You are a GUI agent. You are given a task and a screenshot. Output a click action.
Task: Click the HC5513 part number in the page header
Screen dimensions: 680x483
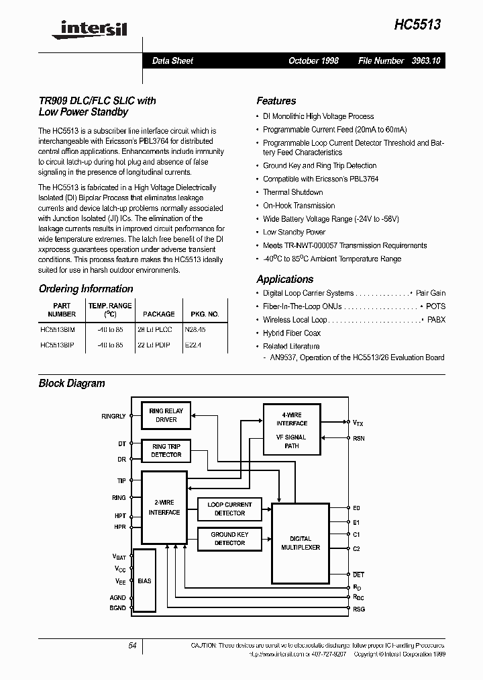[x=417, y=24]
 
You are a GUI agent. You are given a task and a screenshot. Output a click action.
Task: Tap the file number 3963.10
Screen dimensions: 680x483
[x=427, y=60]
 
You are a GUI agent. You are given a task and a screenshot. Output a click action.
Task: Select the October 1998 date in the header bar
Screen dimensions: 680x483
[x=313, y=60]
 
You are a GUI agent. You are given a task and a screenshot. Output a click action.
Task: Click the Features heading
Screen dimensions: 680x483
[x=276, y=101]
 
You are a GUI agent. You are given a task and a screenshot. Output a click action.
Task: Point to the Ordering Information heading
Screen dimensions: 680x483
[x=86, y=289]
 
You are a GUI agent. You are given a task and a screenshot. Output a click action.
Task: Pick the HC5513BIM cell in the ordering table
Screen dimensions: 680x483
[x=58, y=330]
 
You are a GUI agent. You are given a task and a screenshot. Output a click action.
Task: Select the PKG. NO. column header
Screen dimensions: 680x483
[x=205, y=314]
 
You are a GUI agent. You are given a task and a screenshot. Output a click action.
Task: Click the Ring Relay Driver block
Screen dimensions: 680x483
[x=166, y=415]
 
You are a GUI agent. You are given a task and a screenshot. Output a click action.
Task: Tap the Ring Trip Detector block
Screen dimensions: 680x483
[x=166, y=450]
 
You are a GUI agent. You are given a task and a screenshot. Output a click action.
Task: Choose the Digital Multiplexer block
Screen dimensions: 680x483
[x=300, y=543]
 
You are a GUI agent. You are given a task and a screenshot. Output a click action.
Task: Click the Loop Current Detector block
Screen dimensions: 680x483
[x=229, y=509]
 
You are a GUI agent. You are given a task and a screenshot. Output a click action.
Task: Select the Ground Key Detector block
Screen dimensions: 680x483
[x=229, y=538]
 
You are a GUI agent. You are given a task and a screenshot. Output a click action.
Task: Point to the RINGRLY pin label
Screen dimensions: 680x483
[x=113, y=417]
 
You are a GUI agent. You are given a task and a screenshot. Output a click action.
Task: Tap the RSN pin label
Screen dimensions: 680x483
[x=359, y=438]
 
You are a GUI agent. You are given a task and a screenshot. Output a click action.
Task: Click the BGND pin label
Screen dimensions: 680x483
[x=117, y=607]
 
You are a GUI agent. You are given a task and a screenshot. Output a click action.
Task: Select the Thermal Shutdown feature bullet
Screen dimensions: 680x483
[x=293, y=192]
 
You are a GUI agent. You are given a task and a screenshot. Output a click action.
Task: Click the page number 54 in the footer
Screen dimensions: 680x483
[x=132, y=646]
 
